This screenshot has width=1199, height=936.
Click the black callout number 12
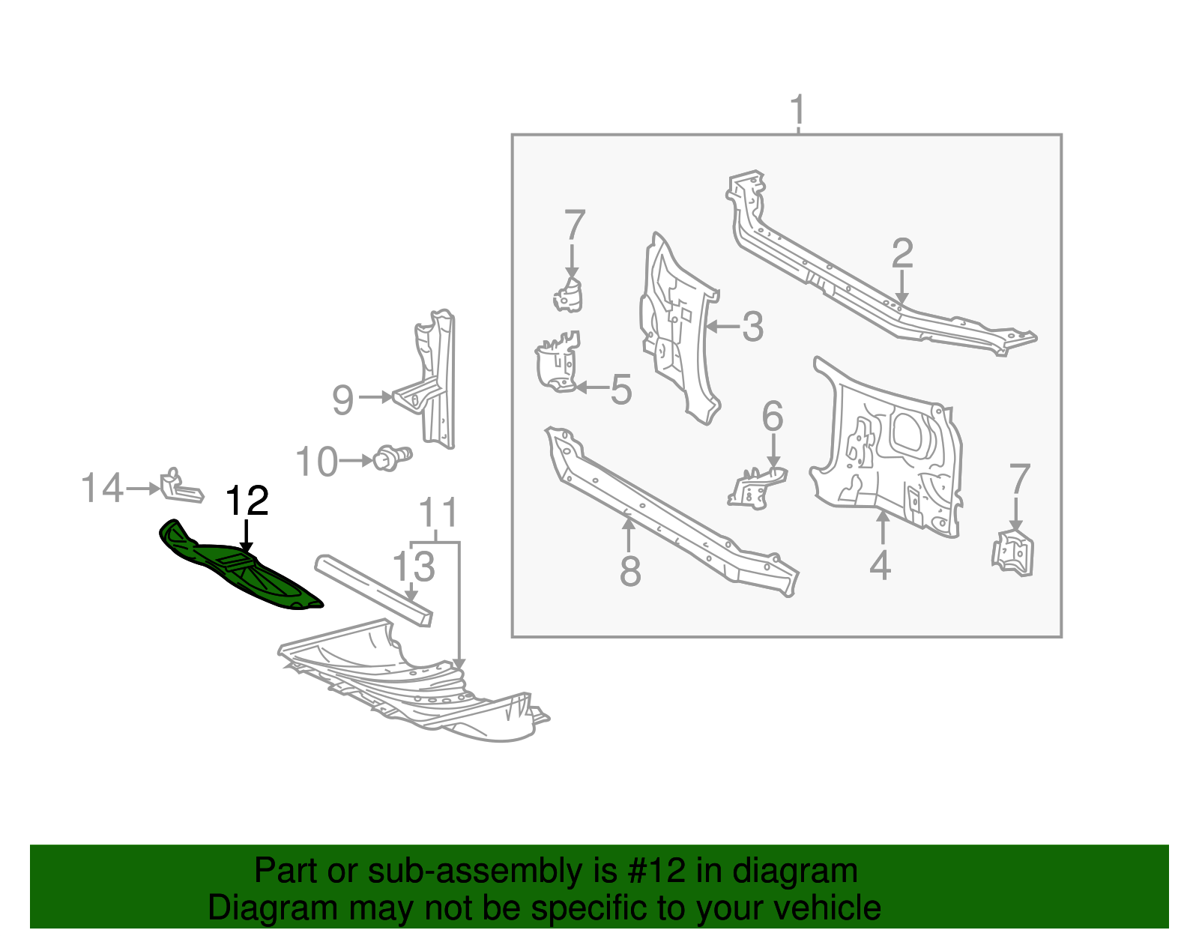point(247,501)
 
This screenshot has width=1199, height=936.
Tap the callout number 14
point(102,488)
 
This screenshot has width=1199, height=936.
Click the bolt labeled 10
point(390,457)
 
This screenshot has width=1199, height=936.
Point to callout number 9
point(342,399)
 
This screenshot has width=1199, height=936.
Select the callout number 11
point(438,513)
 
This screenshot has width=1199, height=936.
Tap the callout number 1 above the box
point(798,110)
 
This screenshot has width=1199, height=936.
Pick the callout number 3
point(752,327)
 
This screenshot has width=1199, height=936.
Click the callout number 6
point(773,416)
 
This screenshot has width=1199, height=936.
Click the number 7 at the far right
point(1020,479)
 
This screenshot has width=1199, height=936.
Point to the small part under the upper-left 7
point(569,295)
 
